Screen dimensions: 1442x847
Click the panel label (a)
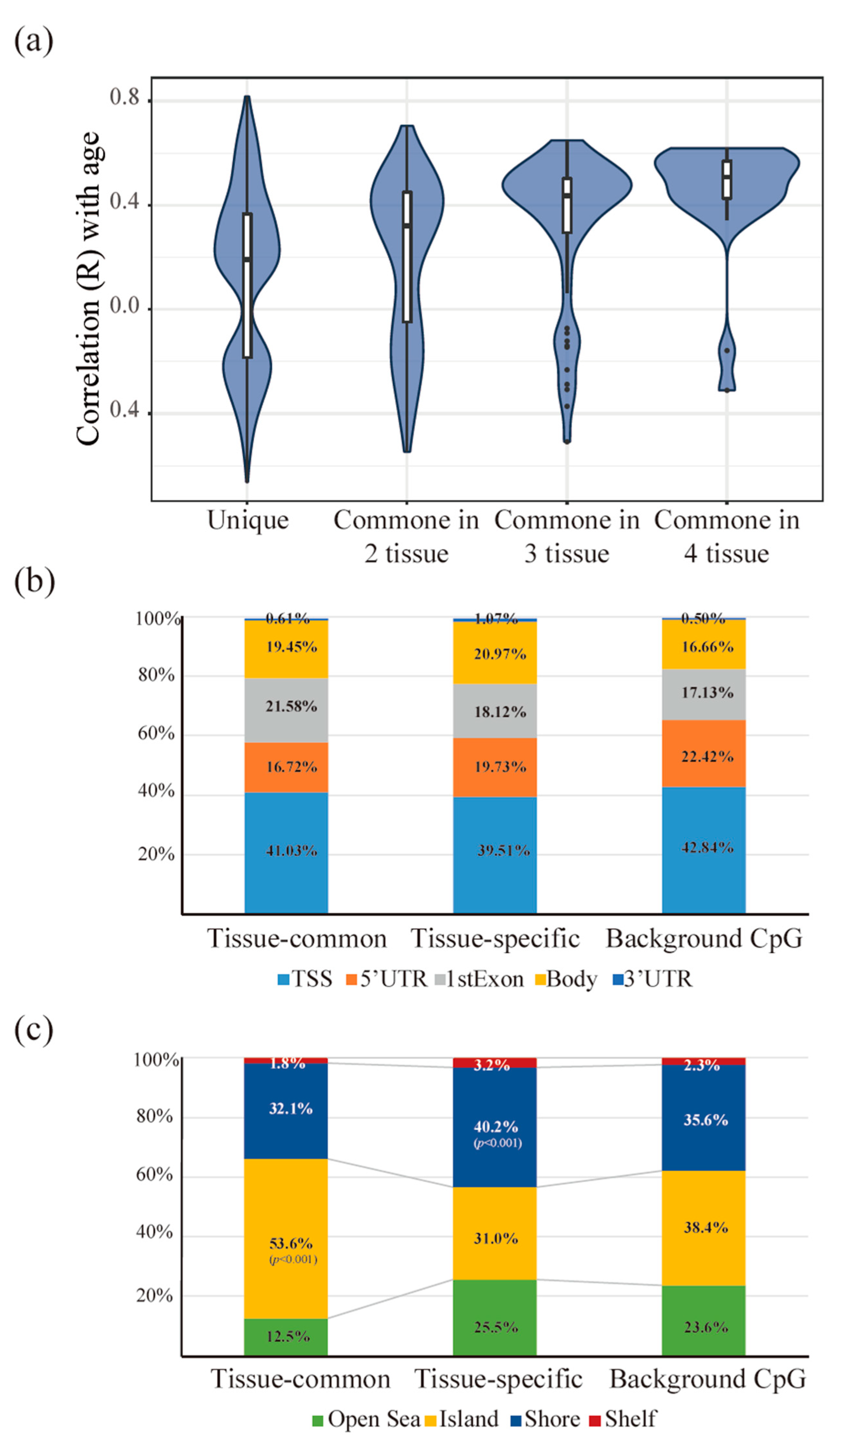(x=33, y=41)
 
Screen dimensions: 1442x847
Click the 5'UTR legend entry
(x=387, y=979)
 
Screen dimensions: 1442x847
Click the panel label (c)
(x=33, y=1030)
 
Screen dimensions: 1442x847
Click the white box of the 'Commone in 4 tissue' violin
(x=727, y=179)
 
